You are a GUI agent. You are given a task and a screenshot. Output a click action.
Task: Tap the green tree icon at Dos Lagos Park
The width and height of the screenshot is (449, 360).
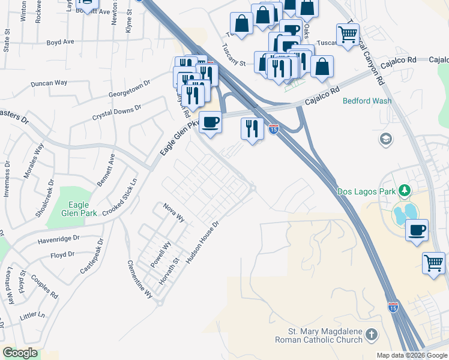pyautogui.click(x=406, y=191)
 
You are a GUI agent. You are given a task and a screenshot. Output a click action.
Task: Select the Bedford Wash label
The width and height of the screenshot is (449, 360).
pyautogui.click(x=367, y=101)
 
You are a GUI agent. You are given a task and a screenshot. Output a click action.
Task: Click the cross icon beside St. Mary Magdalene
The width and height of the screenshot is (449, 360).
pyautogui.click(x=372, y=335)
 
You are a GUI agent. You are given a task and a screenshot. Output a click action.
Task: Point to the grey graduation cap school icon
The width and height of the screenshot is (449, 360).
pyautogui.click(x=385, y=140)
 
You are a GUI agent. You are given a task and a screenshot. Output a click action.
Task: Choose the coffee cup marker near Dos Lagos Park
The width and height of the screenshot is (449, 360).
pyautogui.click(x=417, y=230)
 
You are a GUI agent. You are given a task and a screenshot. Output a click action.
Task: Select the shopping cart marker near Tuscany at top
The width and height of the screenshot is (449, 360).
pyautogui.click(x=348, y=35)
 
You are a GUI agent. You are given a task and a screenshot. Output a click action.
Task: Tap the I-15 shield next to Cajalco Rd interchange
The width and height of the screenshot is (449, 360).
pyautogui.click(x=274, y=129)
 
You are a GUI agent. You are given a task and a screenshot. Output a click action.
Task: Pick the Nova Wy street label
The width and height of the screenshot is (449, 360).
pyautogui.click(x=174, y=212)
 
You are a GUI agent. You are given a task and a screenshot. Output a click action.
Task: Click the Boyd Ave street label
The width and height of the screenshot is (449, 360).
pyautogui.click(x=60, y=43)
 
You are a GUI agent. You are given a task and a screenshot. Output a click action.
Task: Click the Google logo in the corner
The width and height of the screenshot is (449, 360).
pyautogui.click(x=20, y=353)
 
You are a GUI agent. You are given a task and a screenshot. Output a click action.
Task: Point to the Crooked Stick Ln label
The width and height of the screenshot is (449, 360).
pyautogui.click(x=120, y=197)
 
